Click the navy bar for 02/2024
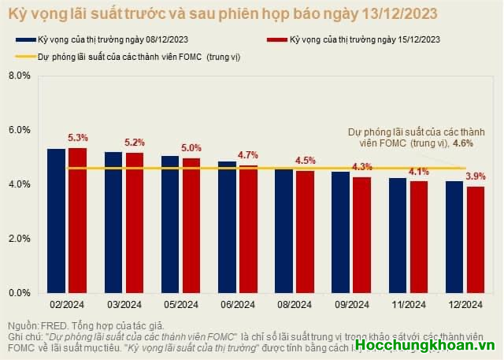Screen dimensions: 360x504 coord(56,221)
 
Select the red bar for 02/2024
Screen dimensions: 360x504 coord(77,221)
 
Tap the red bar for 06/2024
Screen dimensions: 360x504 coord(248,228)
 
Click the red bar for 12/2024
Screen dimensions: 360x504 coord(476,239)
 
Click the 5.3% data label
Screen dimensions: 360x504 coord(78,137)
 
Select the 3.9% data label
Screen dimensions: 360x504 coord(476,176)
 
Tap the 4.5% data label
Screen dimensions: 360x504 coord(306,161)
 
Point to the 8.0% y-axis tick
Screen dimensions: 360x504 coord(18,76)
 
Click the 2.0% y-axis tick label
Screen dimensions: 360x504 coord(18,239)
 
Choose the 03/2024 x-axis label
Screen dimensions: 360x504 coord(124,305)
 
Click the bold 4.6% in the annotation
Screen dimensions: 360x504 coord(464,143)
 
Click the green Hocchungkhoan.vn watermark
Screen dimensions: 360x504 coord(424,345)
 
